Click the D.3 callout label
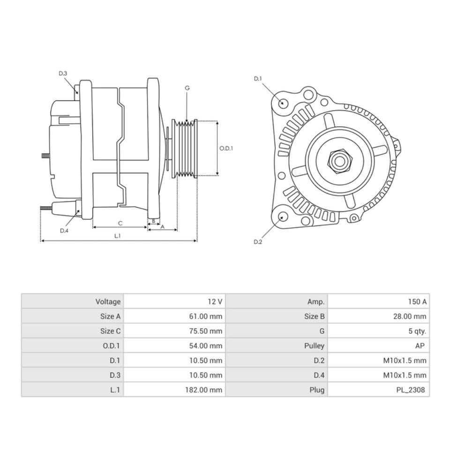coord(63,73)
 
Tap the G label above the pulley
coord(187,88)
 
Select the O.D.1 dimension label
coord(226,148)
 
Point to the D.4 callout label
coord(64,230)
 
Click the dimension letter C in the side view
coord(120,223)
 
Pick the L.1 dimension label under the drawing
coord(118,236)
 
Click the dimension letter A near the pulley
coord(163,226)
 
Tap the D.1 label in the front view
coord(258,78)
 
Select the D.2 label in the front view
coord(257,242)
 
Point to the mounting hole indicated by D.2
coord(283,217)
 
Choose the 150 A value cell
coord(417,301)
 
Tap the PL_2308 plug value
coord(411,390)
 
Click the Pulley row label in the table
coord(314,345)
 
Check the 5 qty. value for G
coord(417,331)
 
